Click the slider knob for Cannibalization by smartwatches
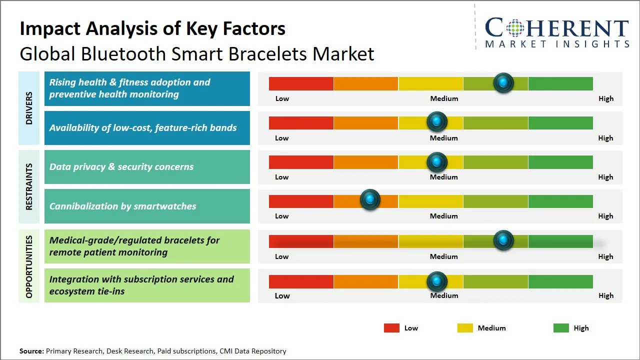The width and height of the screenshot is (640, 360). tap(370, 199)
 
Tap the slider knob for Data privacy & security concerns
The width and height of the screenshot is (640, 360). tap(436, 162)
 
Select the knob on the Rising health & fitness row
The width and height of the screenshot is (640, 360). tap(503, 83)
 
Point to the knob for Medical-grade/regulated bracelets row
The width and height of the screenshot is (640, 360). tap(503, 240)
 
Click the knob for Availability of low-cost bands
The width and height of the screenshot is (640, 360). tap(436, 121)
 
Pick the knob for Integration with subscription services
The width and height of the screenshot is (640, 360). tap(436, 281)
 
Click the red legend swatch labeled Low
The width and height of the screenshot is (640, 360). tap(391, 328)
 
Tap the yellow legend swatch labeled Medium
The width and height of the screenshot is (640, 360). tap(465, 328)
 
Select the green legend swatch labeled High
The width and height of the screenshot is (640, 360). tap(561, 328)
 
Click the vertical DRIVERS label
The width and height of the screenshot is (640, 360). tap(29, 108)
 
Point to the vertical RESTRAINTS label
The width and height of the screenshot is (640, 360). tap(29, 186)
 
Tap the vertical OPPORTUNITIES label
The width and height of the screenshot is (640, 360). tap(29, 266)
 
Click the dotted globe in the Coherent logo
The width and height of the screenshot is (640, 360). tap(515, 28)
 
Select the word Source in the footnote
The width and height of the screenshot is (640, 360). tap(31, 351)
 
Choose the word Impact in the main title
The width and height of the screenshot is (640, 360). tap(50, 29)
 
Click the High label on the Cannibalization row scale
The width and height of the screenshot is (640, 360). tap(605, 216)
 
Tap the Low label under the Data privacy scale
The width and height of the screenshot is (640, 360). tap(281, 177)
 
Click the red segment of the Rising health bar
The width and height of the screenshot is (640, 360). tap(301, 83)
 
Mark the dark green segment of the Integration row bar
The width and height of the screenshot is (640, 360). tap(560, 281)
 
